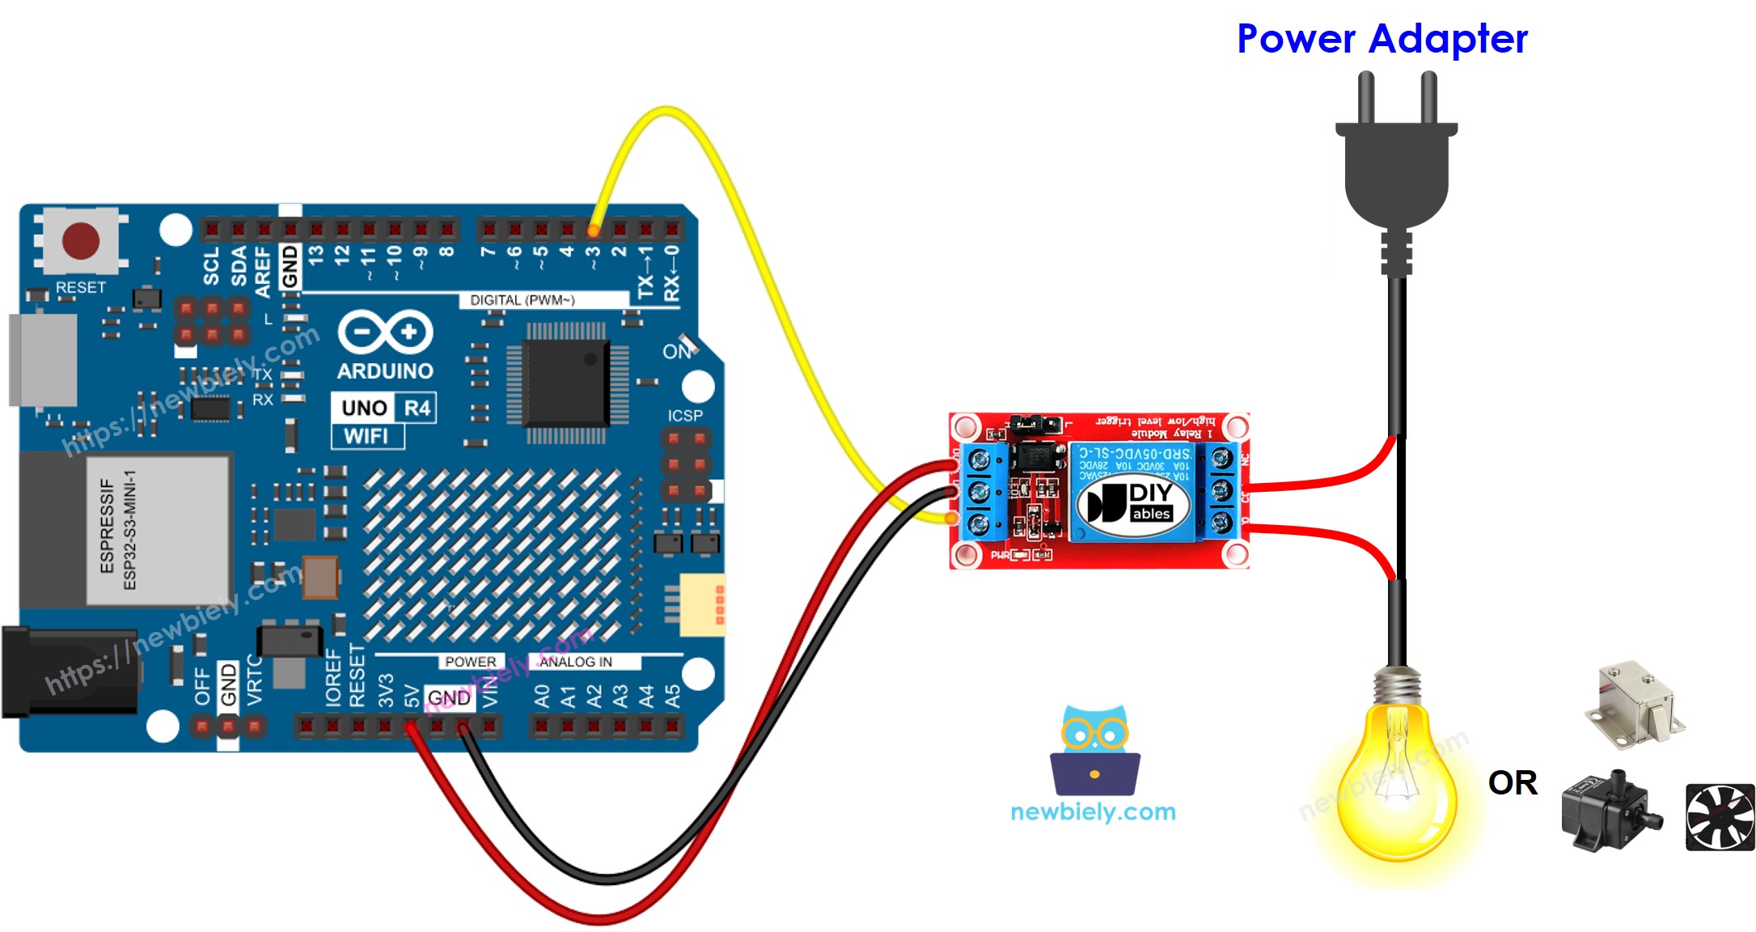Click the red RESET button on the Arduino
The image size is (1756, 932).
81,240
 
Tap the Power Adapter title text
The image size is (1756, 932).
1382,39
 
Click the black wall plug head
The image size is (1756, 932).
1396,174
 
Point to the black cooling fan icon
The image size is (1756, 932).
1720,817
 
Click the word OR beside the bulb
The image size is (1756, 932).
1512,782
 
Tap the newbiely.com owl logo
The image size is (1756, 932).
1094,752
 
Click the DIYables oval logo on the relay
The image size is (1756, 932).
1133,504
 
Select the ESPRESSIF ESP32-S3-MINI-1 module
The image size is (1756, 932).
158,530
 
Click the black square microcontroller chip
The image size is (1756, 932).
566,383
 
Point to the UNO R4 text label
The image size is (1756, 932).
384,407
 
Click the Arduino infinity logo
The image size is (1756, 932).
385,333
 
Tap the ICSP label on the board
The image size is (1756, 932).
684,415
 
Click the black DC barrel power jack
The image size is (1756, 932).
69,671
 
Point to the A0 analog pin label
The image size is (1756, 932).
541,695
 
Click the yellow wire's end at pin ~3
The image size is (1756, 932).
594,231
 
